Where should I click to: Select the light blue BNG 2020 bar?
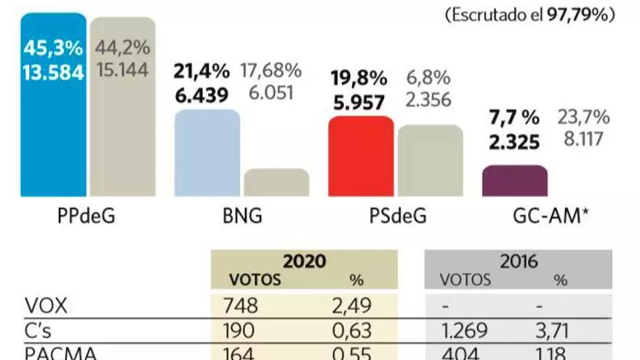(207, 153)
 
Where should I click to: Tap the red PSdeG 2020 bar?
(361, 156)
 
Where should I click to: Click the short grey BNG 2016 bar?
(276, 183)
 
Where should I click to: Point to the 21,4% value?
(201, 71)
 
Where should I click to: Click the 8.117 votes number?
(582, 138)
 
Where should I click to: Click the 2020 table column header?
(303, 261)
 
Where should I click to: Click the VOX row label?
(46, 307)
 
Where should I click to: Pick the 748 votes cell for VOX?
(239, 307)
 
